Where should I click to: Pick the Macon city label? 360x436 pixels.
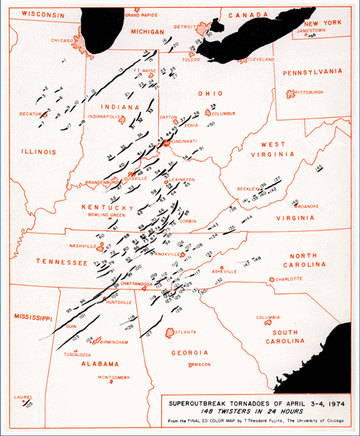pyautogui.click(x=202, y=365)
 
